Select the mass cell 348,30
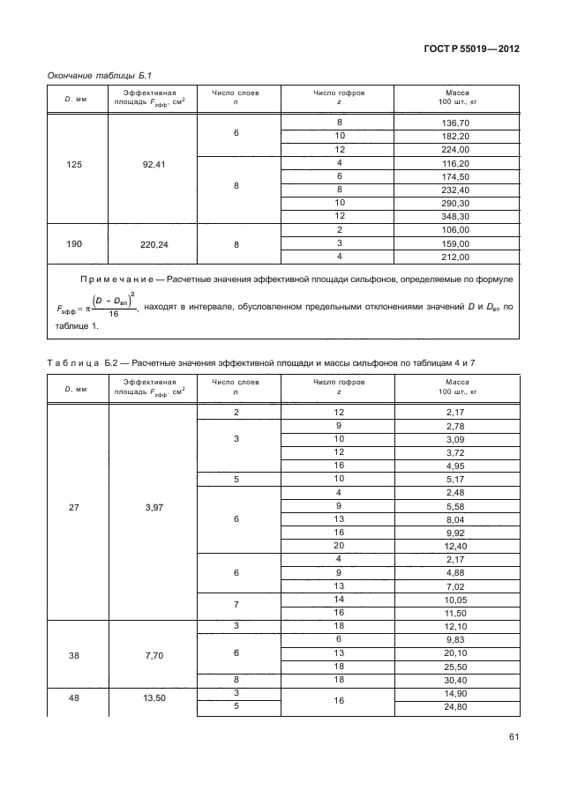[x=455, y=216]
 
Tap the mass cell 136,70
[x=455, y=123]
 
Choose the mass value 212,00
[x=455, y=257]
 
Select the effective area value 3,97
[x=152, y=508]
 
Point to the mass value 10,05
[x=455, y=599]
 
